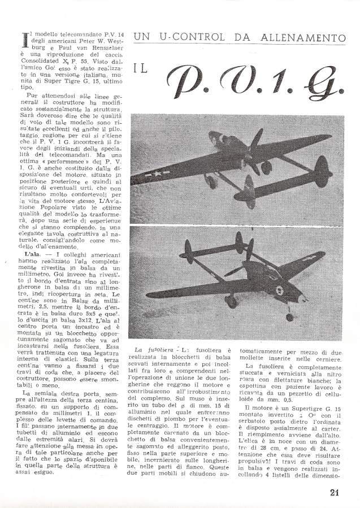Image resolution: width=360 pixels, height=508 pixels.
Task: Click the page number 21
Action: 334,491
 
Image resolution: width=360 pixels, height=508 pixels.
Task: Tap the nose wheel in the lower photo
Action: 290,316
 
